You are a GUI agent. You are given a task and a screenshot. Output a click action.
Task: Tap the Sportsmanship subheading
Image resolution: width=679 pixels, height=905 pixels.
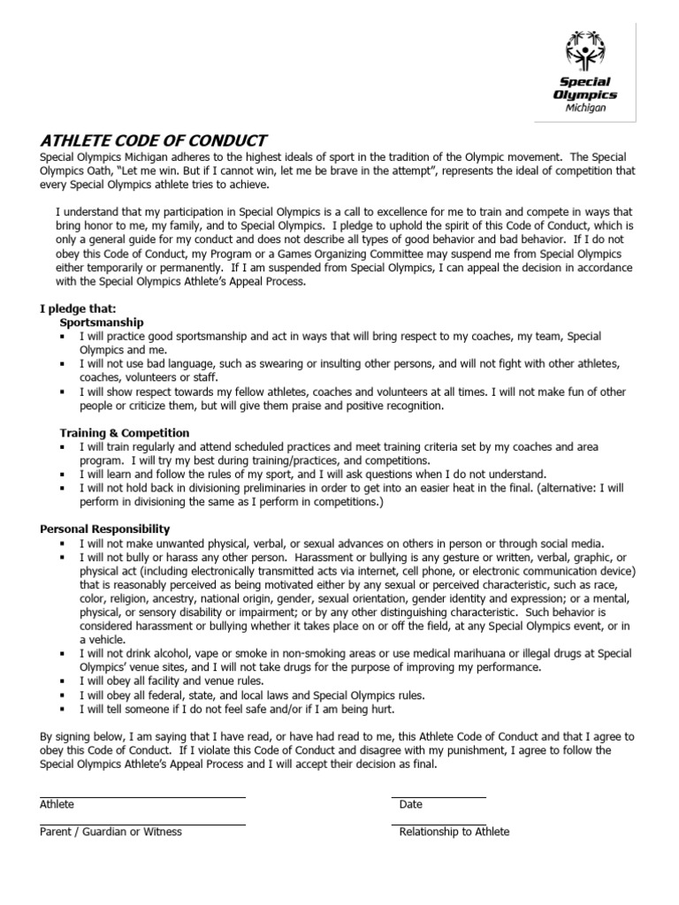[x=101, y=323]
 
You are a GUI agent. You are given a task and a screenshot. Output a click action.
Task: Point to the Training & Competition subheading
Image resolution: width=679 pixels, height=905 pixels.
[x=125, y=433]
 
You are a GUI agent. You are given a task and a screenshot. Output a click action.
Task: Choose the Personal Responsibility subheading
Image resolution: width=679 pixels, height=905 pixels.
[x=105, y=529]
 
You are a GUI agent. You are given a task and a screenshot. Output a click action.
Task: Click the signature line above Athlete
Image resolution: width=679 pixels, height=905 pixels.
[x=142, y=797]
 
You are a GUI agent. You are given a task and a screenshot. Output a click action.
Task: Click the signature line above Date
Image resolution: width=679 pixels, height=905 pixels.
[x=439, y=797]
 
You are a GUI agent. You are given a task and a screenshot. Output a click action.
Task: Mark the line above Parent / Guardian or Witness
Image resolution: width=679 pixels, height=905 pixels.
[x=142, y=825]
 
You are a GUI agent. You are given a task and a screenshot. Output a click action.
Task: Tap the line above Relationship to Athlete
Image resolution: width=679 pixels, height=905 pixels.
[x=439, y=825]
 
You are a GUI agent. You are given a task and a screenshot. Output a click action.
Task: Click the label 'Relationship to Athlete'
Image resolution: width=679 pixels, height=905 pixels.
[x=454, y=833]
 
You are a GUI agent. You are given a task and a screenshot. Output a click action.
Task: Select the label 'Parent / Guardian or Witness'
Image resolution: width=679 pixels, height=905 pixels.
[x=111, y=833]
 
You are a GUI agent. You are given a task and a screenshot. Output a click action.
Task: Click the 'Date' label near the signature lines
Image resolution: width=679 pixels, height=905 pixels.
[x=411, y=805]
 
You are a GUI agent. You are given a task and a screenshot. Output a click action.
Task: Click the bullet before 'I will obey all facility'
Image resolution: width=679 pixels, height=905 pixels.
[x=63, y=682]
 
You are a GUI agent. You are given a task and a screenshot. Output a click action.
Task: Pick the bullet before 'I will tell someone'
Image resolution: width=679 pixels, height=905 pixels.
[x=63, y=710]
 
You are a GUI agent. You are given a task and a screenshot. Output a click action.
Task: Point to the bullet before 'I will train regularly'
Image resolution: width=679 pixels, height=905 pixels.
[x=63, y=447]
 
